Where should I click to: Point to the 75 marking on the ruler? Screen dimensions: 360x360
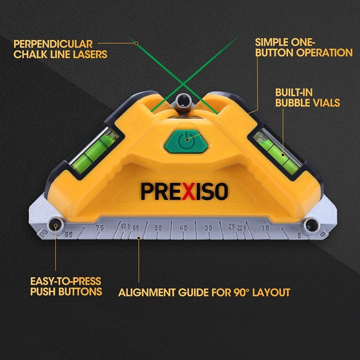99,228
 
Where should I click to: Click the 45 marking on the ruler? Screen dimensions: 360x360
184,228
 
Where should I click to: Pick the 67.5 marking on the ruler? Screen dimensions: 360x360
124,226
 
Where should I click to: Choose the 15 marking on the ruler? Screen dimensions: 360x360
266,229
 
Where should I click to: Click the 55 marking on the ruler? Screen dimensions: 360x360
158,228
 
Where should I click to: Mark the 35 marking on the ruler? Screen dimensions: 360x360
209,228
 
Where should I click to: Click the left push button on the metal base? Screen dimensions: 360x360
56,224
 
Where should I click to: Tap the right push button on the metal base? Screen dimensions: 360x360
310,224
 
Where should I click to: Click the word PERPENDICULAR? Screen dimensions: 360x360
53,44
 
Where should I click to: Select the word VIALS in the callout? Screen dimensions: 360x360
322,103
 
